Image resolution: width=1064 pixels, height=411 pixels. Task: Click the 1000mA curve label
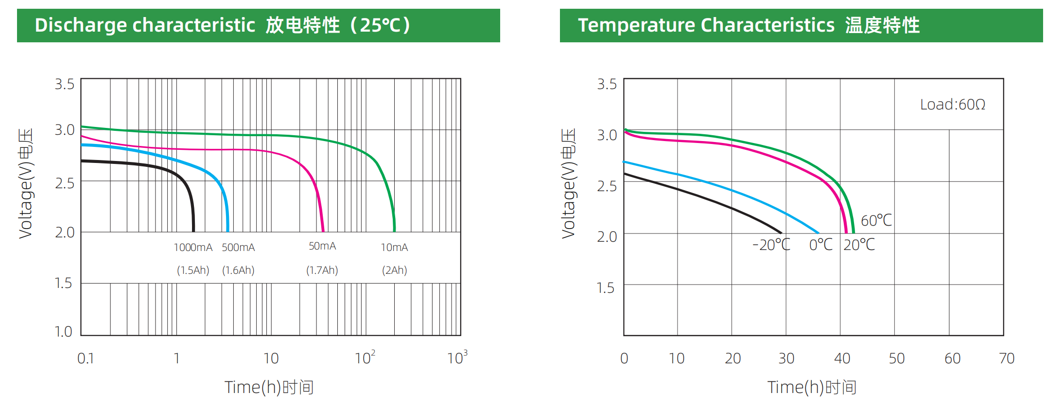point(193,248)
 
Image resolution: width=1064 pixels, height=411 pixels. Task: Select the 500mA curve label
point(238,248)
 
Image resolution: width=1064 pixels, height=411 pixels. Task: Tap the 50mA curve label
point(322,246)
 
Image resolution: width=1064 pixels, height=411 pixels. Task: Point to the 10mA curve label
point(394,248)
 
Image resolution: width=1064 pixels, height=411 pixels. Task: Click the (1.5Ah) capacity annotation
point(193,270)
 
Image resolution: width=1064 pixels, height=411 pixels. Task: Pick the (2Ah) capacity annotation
point(394,270)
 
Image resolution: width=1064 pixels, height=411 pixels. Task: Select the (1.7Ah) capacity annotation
point(322,270)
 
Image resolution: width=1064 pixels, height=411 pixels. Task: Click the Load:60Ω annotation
point(952,105)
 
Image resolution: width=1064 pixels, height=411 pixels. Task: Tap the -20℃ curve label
point(771,245)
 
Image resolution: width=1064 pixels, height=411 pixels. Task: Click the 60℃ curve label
point(876,221)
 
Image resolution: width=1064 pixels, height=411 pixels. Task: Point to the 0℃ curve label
point(821,245)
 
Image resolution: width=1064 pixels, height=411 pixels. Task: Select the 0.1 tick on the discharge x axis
point(86,359)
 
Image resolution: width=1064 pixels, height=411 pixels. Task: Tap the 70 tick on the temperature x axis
point(1007,359)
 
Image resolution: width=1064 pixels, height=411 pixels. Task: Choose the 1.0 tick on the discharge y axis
point(63,332)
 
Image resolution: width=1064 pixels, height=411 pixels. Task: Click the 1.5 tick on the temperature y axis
point(606,288)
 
